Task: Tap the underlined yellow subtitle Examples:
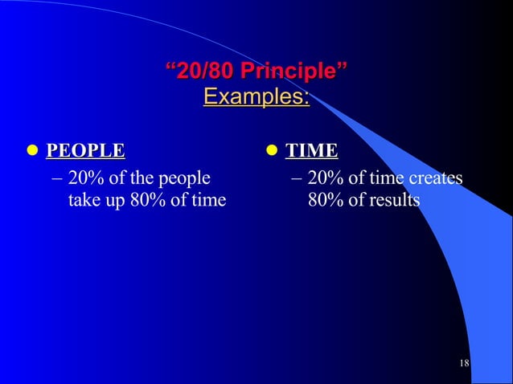[256, 97]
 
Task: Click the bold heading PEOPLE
[85, 150]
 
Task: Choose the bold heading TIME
[313, 150]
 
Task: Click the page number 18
[464, 364]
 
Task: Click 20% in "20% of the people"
[84, 178]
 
